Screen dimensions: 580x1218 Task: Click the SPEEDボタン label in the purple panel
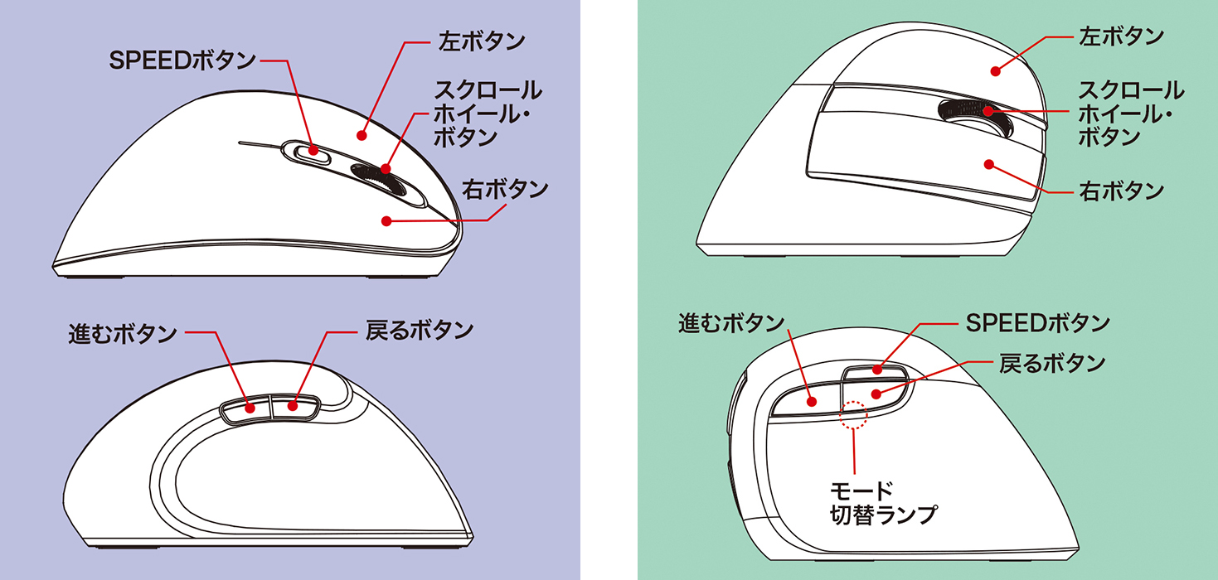182,60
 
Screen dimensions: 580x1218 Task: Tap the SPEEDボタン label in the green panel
1038,321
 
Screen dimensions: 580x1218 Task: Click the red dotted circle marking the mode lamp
853,416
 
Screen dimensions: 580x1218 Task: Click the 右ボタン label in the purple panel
506,189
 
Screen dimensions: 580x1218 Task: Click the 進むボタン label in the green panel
730,323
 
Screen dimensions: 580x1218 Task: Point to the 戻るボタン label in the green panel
1051,363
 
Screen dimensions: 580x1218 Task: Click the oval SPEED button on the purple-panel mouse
309,151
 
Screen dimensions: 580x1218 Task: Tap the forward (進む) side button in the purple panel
246,408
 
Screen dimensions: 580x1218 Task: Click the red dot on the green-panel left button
993,71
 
